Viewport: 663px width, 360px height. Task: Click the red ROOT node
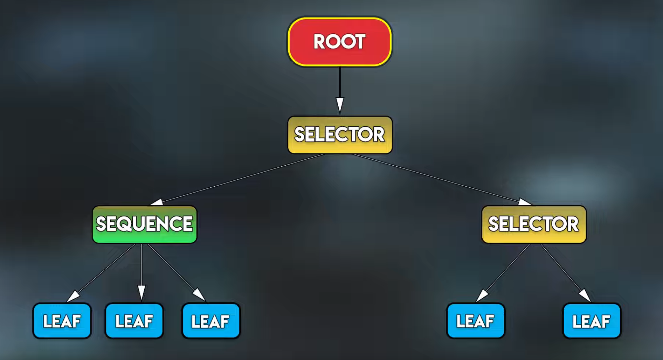(339, 42)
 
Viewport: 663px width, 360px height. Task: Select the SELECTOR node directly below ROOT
(340, 135)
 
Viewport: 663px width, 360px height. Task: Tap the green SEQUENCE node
(144, 224)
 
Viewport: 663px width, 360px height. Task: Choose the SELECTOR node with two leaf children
(533, 224)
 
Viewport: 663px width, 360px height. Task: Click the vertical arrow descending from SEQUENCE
(141, 270)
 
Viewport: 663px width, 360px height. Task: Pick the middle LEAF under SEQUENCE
(134, 321)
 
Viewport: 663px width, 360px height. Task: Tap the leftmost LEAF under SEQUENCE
(62, 321)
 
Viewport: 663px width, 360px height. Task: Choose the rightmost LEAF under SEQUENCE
(211, 321)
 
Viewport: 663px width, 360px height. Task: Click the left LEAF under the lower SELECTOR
(475, 321)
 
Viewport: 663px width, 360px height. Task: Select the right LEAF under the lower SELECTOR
(592, 321)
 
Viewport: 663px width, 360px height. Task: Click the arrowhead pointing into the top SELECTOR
(340, 105)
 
